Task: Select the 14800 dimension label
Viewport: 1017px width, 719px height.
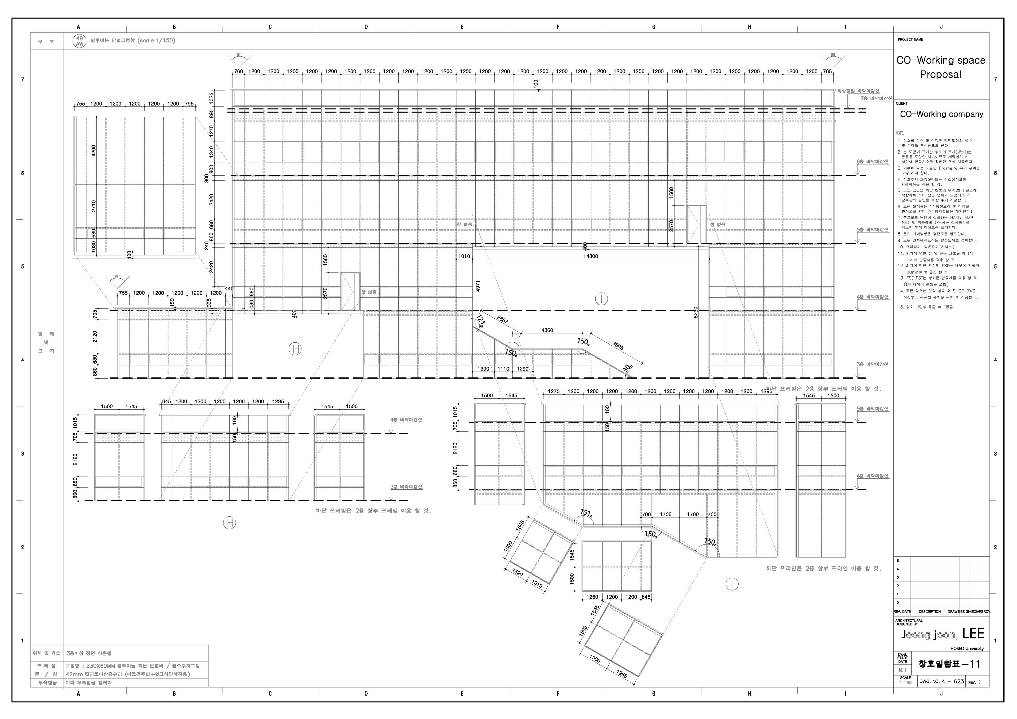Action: [590, 256]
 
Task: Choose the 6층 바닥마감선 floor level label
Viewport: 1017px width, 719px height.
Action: [872, 162]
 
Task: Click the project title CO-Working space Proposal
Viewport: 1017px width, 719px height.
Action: [940, 67]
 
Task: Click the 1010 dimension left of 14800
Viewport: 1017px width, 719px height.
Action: [464, 256]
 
